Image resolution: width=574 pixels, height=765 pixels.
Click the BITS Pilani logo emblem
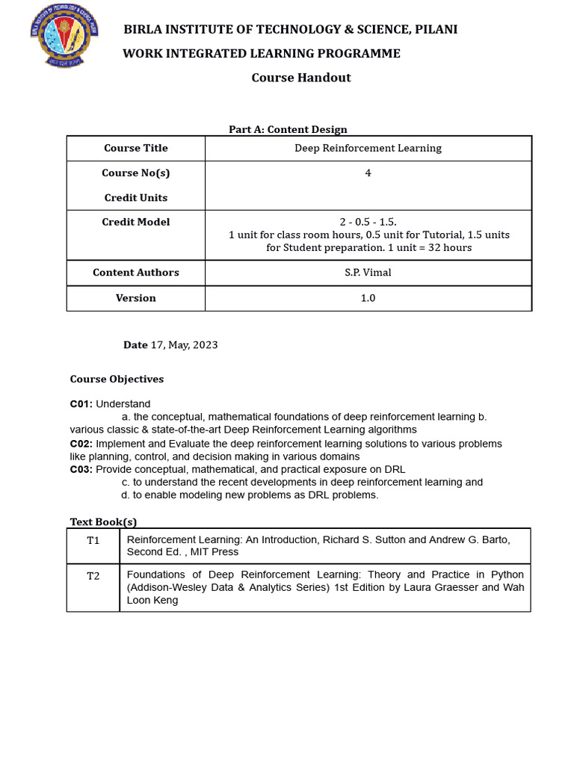point(64,36)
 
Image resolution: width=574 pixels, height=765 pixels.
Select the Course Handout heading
point(300,78)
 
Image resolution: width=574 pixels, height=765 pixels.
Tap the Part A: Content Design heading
point(288,129)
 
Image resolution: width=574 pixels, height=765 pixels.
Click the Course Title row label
point(136,148)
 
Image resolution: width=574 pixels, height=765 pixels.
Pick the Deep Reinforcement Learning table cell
point(368,148)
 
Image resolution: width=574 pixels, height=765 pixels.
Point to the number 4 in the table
point(368,173)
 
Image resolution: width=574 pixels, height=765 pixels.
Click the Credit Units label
point(136,197)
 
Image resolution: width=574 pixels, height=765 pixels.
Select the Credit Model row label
point(136,222)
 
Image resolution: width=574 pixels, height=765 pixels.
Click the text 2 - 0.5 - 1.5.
point(368,222)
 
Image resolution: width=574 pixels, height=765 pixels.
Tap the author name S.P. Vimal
point(368,272)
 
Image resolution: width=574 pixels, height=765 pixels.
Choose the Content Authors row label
point(136,272)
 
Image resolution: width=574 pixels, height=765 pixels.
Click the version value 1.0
point(368,297)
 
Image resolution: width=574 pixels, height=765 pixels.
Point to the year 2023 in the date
point(205,344)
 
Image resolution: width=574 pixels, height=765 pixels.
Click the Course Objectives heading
point(117,379)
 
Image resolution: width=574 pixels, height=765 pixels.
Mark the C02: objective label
point(81,444)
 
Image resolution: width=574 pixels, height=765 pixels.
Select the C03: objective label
point(81,469)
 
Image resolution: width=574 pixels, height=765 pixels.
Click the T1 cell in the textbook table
point(93,540)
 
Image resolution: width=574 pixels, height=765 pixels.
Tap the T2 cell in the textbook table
point(93,576)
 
